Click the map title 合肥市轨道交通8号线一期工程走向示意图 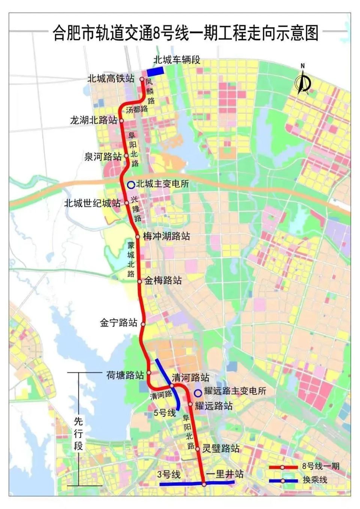point(185,33)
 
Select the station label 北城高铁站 point(111,78)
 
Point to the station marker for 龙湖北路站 point(121,121)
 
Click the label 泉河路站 point(103,156)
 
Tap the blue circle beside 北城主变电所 point(131,184)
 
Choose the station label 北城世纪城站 point(92,203)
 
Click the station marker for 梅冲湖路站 point(138,237)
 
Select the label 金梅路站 point(163,280)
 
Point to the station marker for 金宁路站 point(142,323)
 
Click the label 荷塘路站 point(125,375)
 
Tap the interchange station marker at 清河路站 point(172,385)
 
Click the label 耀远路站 point(214,406)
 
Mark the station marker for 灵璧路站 point(197,449)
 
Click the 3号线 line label point(169,475)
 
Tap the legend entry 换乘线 point(315,479)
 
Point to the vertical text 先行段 point(78,434)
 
